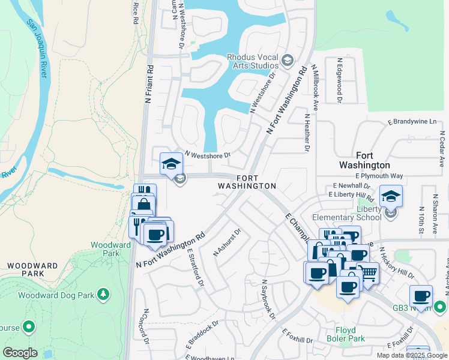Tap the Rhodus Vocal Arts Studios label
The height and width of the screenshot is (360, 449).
pyautogui.click(x=252, y=61)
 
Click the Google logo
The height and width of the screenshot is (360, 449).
pyautogui.click(x=20, y=353)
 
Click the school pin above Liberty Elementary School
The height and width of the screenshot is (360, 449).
pyautogui.click(x=391, y=196)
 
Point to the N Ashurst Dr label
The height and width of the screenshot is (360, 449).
pyautogui.click(x=228, y=242)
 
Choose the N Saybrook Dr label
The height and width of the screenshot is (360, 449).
pyautogui.click(x=268, y=299)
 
